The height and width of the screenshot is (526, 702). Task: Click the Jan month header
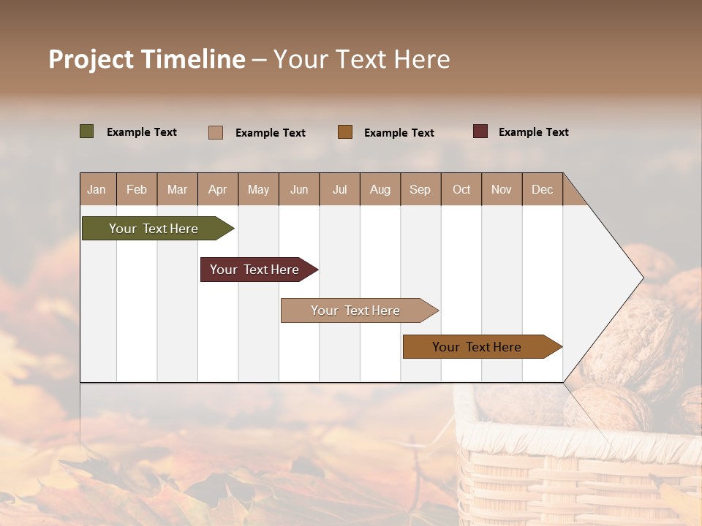97,189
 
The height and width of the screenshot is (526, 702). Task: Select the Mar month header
177,189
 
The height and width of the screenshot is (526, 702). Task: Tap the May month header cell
258,189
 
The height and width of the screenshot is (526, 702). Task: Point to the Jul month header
339,189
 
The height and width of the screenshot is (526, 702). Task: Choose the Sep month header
420,189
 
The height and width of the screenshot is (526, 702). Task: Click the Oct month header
461,189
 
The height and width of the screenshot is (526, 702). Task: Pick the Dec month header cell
542,189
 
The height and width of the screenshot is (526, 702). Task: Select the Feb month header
137,189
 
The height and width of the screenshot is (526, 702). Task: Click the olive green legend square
87,131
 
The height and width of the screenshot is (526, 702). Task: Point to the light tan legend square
216,132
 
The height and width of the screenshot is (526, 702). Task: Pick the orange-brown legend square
345,132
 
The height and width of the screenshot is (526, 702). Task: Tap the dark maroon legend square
480,131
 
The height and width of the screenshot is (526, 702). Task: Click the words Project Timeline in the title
147,59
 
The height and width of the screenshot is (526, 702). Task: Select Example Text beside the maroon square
533,132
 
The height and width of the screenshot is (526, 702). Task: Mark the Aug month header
380,189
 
